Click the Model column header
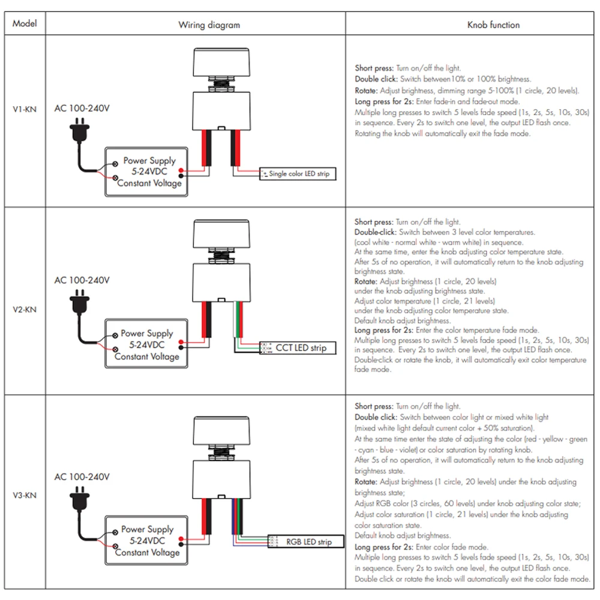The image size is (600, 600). pyautogui.click(x=25, y=24)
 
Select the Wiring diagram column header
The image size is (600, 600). pyautogui.click(x=209, y=25)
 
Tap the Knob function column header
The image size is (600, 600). pyautogui.click(x=493, y=25)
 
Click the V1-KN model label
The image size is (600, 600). pyautogui.click(x=25, y=110)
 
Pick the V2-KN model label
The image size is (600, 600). pyautogui.click(x=25, y=310)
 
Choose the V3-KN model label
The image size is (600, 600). pyautogui.click(x=25, y=496)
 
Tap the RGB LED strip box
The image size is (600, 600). pyautogui.click(x=306, y=542)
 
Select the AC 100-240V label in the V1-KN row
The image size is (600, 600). pyautogui.click(x=82, y=109)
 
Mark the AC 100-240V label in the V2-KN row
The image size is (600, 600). pyautogui.click(x=82, y=280)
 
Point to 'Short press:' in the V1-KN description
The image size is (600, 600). pyautogui.click(x=374, y=69)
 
